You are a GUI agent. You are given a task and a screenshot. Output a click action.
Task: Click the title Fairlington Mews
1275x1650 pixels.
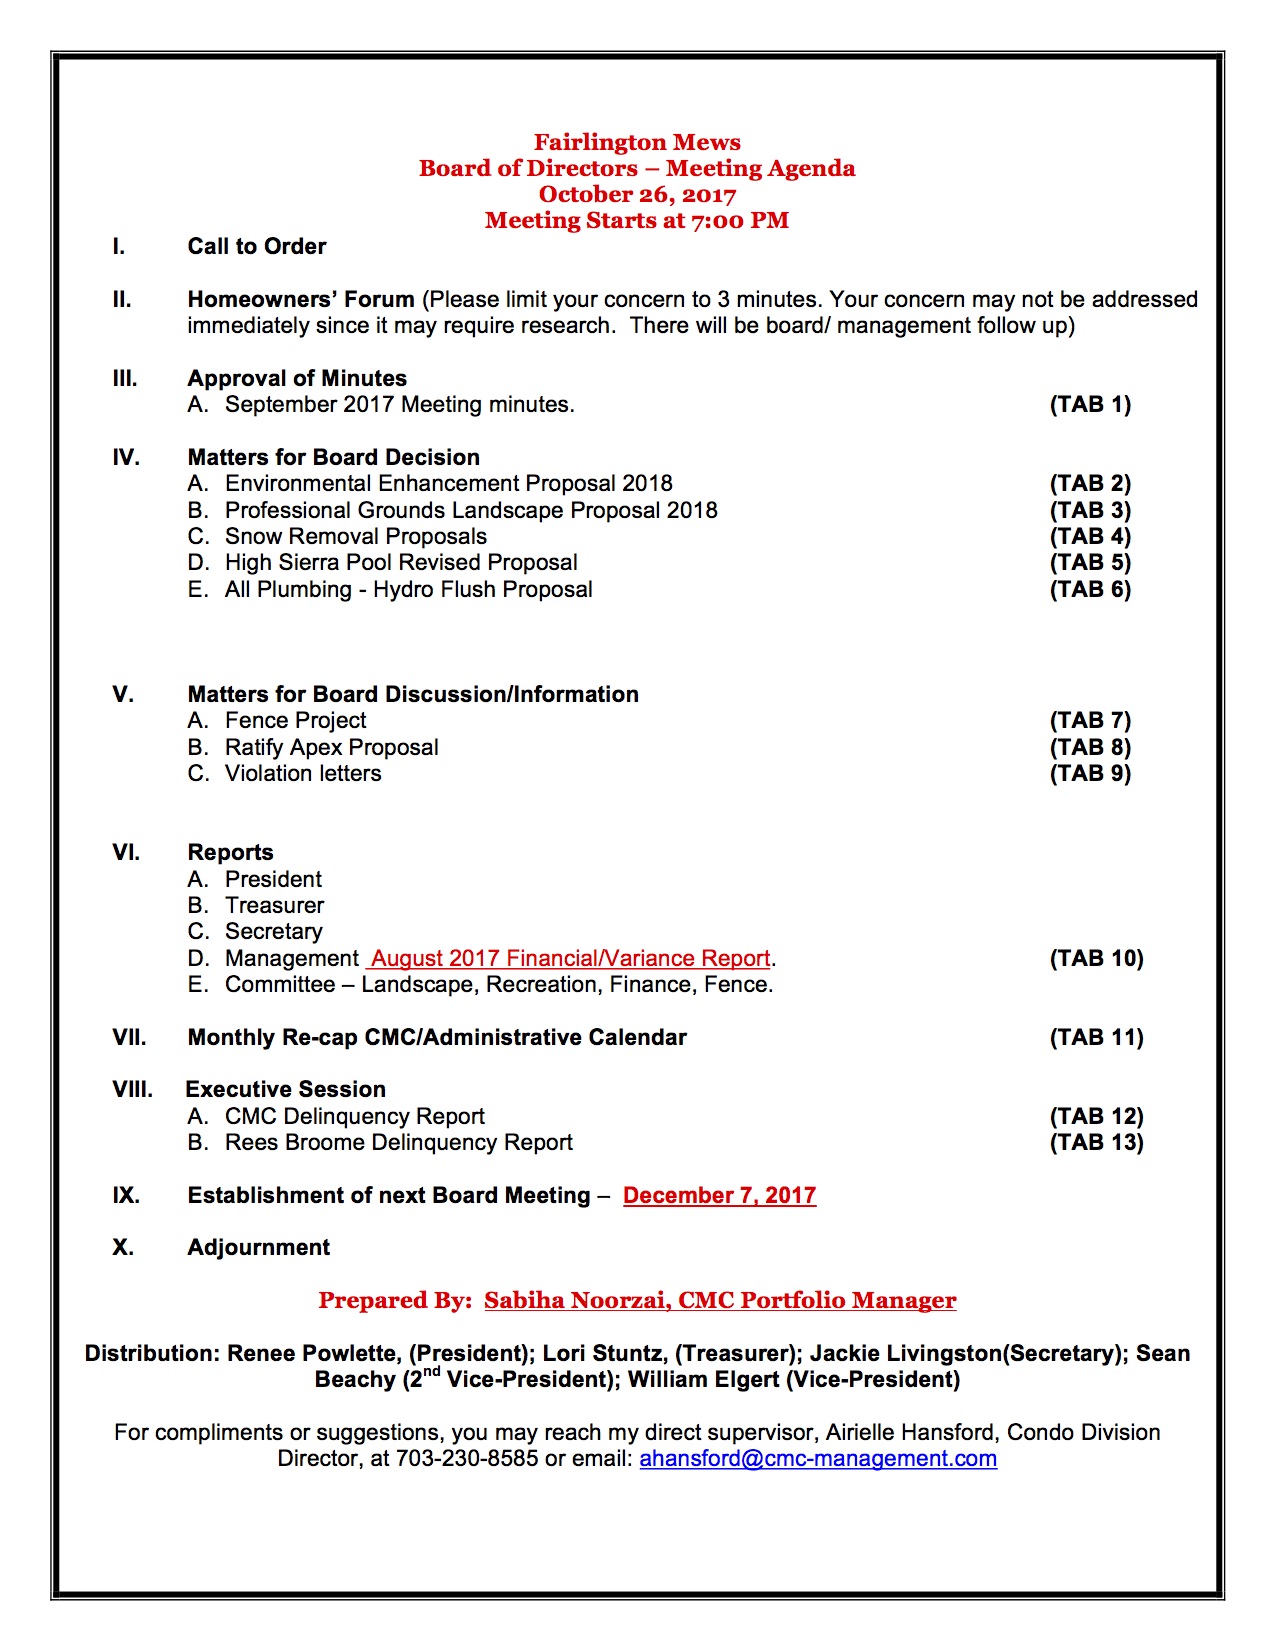[637, 142]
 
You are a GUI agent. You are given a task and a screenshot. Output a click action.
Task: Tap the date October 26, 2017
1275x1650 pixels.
[637, 194]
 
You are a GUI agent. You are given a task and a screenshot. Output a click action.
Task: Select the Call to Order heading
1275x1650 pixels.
[257, 246]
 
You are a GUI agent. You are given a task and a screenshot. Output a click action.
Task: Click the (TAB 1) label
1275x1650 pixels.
[1090, 404]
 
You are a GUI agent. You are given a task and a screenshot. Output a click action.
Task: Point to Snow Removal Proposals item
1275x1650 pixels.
[355, 536]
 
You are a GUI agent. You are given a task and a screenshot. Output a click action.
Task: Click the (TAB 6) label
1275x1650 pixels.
[1090, 589]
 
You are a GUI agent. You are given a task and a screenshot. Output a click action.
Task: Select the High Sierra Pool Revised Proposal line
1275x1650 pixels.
[401, 562]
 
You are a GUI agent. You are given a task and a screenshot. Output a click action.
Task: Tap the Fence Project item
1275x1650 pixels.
[295, 720]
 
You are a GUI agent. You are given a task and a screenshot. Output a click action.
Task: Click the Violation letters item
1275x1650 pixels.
[303, 773]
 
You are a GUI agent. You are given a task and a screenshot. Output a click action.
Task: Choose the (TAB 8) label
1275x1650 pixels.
[1090, 747]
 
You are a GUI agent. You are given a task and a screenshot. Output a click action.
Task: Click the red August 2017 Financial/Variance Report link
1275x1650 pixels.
[570, 958]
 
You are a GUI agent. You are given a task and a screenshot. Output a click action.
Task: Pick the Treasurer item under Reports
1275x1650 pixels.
[274, 905]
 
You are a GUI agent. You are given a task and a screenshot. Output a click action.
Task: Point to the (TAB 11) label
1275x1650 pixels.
[1096, 1037]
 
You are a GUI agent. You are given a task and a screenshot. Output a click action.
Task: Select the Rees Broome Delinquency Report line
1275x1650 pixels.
[398, 1142]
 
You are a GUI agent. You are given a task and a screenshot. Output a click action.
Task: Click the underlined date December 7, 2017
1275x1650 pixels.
[719, 1195]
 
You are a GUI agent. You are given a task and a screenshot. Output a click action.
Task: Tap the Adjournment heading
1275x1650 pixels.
[258, 1247]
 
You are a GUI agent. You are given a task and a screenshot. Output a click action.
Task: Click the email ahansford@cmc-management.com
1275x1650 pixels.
[818, 1458]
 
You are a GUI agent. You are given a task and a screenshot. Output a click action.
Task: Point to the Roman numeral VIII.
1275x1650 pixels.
[132, 1089]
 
